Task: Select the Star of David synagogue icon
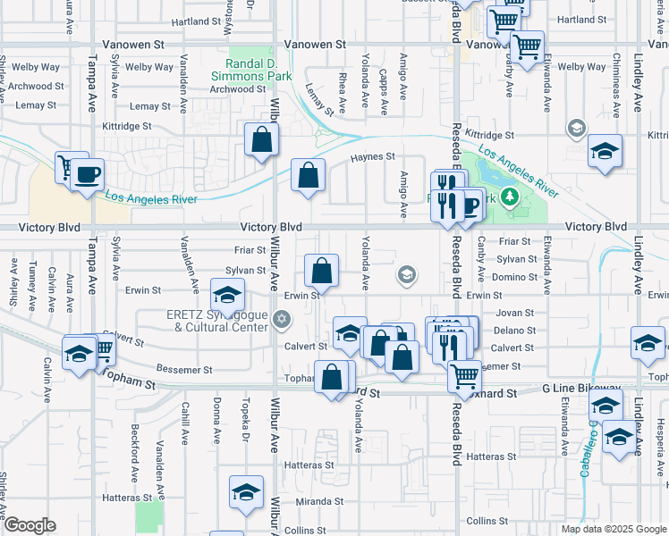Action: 283,319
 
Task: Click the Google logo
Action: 30,525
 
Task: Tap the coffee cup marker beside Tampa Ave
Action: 87,174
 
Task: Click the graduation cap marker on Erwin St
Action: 227,294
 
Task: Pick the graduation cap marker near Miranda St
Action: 246,491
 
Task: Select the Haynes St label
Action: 372,157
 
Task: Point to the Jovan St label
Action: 514,314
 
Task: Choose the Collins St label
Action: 487,521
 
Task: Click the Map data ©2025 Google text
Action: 613,529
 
